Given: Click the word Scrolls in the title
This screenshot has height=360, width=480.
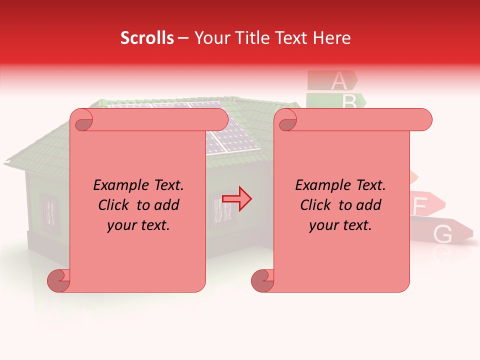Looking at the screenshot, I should pos(147,38).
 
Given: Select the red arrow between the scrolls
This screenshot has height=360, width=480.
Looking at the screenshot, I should pos(237,198).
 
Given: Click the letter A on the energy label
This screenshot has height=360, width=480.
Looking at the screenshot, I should pos(338,80).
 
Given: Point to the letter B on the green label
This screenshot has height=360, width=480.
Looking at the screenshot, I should pos(349,101).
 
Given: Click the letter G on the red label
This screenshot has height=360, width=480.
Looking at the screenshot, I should pos(442,233).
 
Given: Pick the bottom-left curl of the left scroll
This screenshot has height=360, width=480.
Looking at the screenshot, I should pos(58,280).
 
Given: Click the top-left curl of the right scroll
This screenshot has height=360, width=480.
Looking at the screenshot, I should pos(287,120).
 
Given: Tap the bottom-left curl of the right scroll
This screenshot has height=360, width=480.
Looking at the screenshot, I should pos(262,280).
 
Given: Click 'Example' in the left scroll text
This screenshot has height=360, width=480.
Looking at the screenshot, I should pos(118,185).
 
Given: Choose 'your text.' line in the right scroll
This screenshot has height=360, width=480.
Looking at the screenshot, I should pos(340,225).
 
